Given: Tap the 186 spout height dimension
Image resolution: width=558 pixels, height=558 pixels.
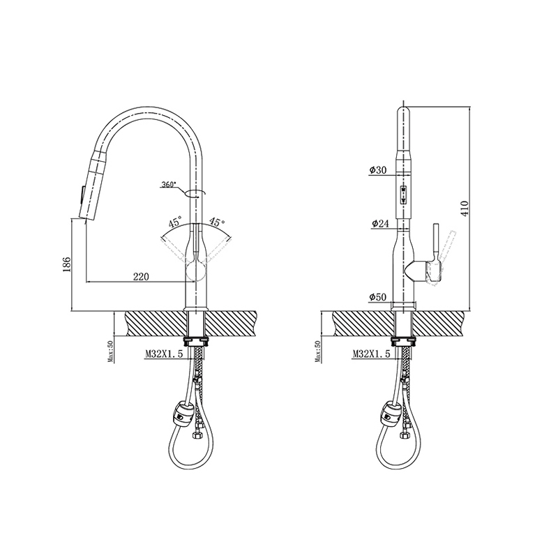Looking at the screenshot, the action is coord(66,264).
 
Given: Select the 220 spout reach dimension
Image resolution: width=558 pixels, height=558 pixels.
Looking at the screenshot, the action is coord(142,276).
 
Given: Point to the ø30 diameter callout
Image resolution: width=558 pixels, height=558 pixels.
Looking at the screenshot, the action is coord(377,170).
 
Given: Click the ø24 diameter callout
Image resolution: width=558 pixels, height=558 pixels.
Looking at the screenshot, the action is coord(380,223).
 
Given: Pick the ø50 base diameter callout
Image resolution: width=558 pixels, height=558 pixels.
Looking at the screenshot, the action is coord(377,297).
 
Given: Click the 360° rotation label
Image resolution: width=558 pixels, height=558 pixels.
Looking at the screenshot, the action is coord(169,184).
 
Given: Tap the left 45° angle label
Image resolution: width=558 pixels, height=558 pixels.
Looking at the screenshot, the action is coord(175,223).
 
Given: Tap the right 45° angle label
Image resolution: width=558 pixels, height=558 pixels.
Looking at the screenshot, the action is coord(217,223).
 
